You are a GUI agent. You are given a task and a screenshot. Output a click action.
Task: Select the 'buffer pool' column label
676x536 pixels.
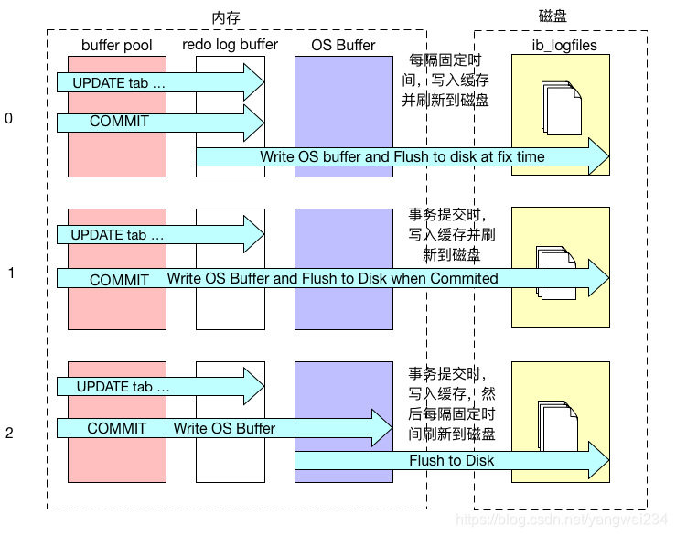[116, 45]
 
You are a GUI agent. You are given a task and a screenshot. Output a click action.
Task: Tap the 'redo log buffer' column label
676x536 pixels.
[230, 44]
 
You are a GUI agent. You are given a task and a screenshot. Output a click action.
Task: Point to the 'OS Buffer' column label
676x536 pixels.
[335, 44]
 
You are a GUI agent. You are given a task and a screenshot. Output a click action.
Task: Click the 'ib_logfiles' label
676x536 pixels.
[561, 45]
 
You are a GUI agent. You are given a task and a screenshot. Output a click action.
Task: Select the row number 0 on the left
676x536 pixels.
[9, 119]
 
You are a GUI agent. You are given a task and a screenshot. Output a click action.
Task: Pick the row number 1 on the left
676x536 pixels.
[10, 273]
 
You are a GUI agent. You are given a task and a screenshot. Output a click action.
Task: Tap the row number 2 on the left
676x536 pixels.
[9, 433]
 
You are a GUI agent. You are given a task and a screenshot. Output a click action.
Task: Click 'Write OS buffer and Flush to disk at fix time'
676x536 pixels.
[402, 157]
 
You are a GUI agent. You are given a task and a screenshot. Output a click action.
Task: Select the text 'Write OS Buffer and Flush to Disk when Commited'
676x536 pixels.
[332, 278]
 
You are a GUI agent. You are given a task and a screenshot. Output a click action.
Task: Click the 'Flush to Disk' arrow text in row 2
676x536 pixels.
[451, 461]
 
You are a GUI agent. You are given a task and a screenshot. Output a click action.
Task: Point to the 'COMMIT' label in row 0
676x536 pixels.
[119, 121]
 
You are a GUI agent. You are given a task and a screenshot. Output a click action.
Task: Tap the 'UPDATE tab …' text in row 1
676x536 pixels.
[118, 235]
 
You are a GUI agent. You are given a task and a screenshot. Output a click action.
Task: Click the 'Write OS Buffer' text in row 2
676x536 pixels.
[224, 428]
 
